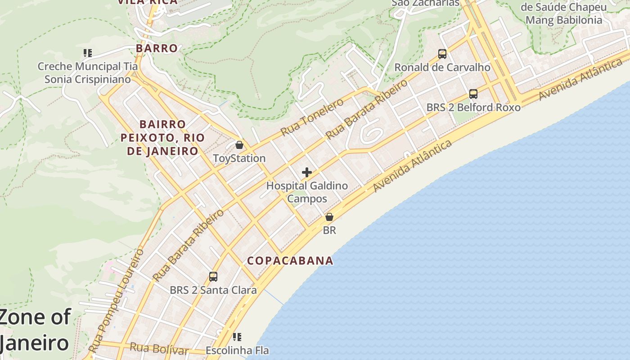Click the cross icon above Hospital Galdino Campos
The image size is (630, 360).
307,172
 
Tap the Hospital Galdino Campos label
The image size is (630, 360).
307,192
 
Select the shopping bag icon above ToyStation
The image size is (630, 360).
239,145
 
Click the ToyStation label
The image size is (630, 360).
239,158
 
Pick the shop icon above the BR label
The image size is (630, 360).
329,217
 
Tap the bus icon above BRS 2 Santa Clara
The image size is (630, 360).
213,276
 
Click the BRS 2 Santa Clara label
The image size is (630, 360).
213,290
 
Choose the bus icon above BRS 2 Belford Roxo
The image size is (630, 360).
473,94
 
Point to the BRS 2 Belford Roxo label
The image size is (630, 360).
473,108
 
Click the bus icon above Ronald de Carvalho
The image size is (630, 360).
442,54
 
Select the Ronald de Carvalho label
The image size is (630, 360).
442,67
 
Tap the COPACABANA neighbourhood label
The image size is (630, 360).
290,261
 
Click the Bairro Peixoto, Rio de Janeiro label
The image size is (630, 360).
162,137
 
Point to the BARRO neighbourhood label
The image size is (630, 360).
157,48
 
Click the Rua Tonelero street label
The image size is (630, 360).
311,117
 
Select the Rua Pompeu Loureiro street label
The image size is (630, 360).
117,300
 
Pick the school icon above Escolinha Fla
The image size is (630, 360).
237,337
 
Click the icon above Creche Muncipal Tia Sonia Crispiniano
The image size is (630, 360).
88,53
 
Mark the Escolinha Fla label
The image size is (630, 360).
237,350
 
